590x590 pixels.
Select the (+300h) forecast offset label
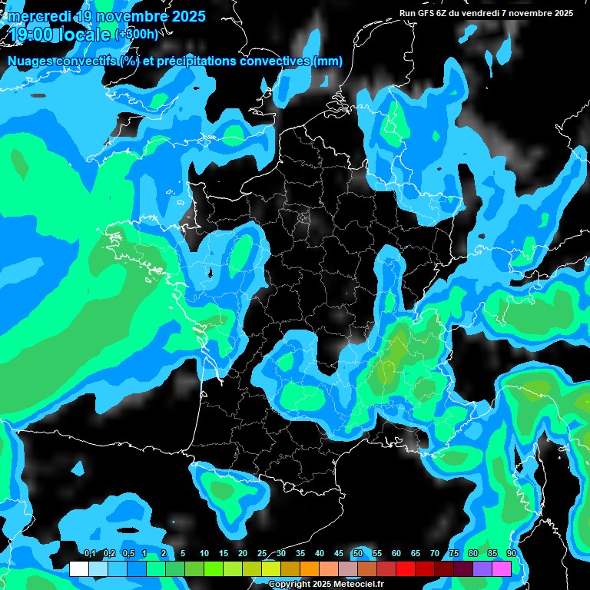pos(137,35)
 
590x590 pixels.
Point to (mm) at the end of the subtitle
pos(327,61)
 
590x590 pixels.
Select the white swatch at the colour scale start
pos(78,569)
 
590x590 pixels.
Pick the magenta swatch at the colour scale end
pos(502,569)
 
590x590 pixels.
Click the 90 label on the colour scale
pos(511,554)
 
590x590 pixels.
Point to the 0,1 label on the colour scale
pos(89,554)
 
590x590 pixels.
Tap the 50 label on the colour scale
pos(357,554)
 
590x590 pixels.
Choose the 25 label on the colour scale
pos(261,554)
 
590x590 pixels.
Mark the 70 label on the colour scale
pos(434,554)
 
